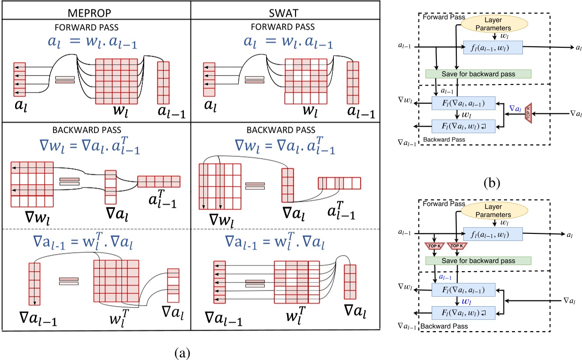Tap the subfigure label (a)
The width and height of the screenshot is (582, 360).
coord(183,352)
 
